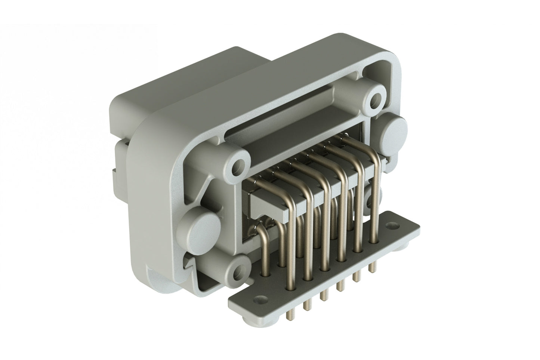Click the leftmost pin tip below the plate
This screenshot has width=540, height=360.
(288, 315)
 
